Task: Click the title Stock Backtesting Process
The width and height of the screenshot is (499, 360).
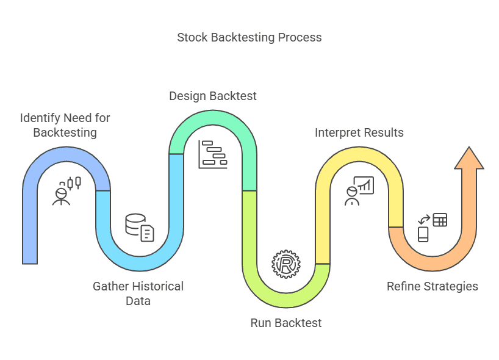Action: point(249,38)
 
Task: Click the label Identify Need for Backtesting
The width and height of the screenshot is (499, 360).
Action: point(65,124)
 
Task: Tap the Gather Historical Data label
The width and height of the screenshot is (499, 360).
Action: point(138,293)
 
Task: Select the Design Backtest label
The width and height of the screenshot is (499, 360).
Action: point(212,96)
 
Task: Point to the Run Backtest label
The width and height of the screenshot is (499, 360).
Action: point(285,323)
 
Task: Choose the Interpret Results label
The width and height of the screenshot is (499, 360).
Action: point(359,132)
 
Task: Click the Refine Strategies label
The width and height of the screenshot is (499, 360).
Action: point(432,286)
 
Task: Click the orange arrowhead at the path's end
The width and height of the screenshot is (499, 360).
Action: point(468,159)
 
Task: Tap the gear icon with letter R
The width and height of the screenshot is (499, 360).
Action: point(285,264)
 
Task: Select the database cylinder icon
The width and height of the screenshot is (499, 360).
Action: point(135,224)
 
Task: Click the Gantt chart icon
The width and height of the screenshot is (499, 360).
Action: point(212,154)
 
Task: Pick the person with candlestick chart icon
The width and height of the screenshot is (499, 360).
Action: point(66,190)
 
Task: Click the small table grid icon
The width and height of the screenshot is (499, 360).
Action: point(439,220)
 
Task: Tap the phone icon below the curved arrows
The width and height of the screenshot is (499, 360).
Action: point(423,234)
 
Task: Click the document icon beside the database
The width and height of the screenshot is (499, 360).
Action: point(148,233)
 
